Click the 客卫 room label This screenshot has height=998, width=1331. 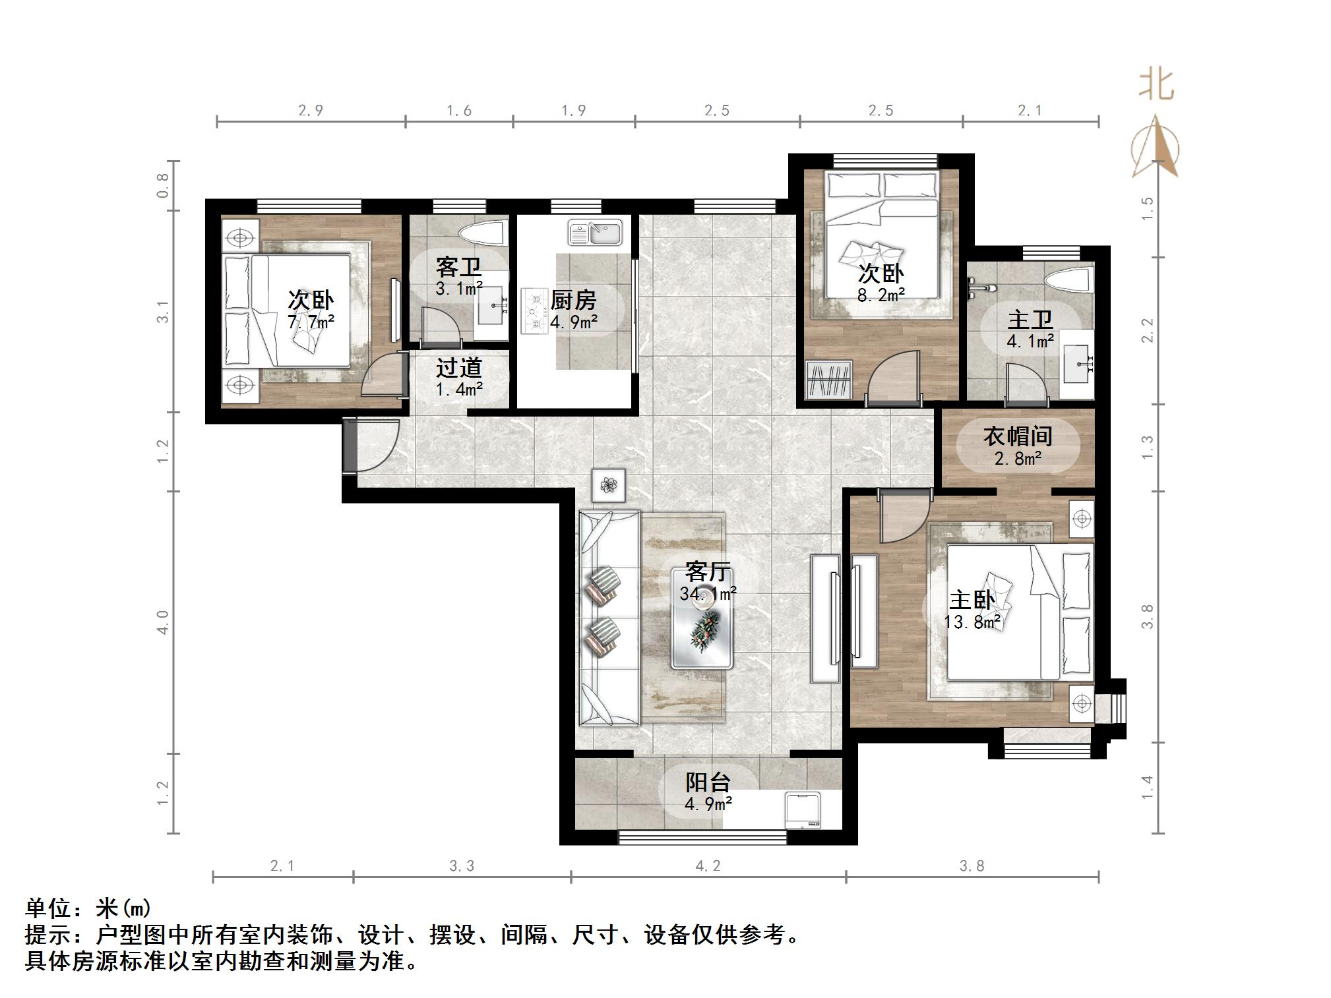(458, 268)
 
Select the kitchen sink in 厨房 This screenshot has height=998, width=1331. (595, 233)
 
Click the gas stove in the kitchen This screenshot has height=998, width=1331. (535, 312)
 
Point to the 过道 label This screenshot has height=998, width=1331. (459, 368)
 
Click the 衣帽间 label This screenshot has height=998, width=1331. (1018, 436)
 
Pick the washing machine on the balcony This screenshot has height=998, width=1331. (803, 811)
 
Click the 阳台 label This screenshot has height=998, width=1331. (708, 782)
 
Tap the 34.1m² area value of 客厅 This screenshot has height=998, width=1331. (708, 594)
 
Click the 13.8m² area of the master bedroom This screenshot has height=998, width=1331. (972, 622)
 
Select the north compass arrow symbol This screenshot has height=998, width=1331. (1155, 148)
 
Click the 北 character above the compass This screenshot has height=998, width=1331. (1156, 86)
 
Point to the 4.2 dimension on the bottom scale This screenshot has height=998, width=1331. (708, 866)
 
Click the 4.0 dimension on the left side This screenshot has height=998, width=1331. (163, 622)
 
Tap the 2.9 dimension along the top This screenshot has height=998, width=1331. (310, 111)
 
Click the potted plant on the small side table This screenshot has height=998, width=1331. (608, 486)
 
